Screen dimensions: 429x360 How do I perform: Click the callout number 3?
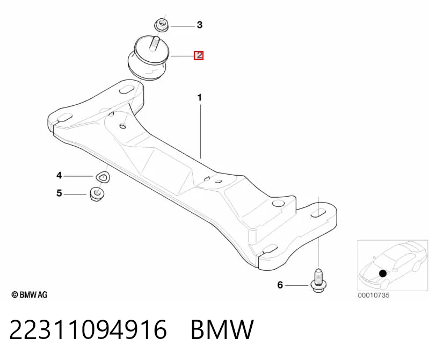pyautogui.click(x=200, y=25)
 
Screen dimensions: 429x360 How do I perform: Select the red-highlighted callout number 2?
pyautogui.click(x=199, y=55)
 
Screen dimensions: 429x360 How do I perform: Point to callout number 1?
pyautogui.click(x=200, y=97)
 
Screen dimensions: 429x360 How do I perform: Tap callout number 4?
pyautogui.click(x=60, y=175)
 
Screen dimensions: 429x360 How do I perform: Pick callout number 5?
pyautogui.click(x=60, y=193)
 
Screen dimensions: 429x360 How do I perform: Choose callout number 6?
pyautogui.click(x=280, y=285)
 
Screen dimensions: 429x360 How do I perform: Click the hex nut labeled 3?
pyautogui.click(x=161, y=25)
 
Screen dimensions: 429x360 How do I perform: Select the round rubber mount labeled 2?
pyautogui.click(x=149, y=60)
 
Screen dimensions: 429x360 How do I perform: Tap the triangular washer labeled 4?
pyautogui.click(x=103, y=177)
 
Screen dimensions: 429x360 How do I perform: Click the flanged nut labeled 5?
pyautogui.click(x=97, y=193)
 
